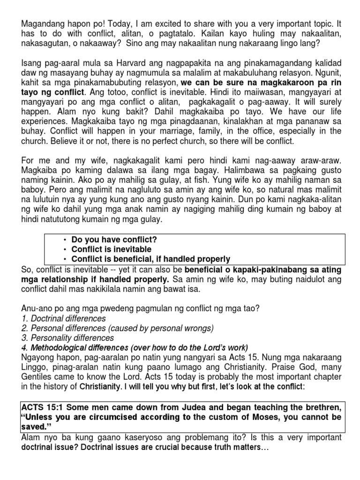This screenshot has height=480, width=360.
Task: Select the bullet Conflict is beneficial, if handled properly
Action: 150,259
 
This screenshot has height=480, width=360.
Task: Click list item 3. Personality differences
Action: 67,338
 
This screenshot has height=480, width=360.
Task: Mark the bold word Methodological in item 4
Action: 58,347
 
